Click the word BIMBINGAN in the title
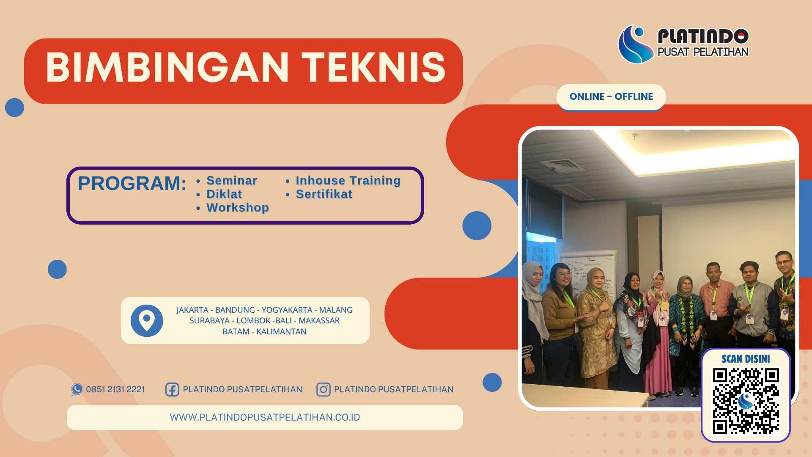[x=167, y=68]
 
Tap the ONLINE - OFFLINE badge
[x=611, y=96]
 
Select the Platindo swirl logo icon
[x=635, y=44]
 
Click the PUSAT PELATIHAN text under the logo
[x=702, y=52]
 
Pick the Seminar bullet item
[x=231, y=181]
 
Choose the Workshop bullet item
[x=237, y=208]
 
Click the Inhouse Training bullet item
[x=348, y=181]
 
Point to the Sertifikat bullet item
[x=324, y=194]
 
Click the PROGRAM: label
[x=132, y=184]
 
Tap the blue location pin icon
[x=147, y=320]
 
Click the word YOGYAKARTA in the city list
[x=287, y=310]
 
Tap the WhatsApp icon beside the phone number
[x=77, y=389]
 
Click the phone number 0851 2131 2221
[x=115, y=389]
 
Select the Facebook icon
[x=172, y=389]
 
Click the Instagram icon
[x=323, y=389]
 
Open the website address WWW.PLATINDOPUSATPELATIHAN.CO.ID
[x=265, y=417]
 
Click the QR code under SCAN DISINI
[x=746, y=401]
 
